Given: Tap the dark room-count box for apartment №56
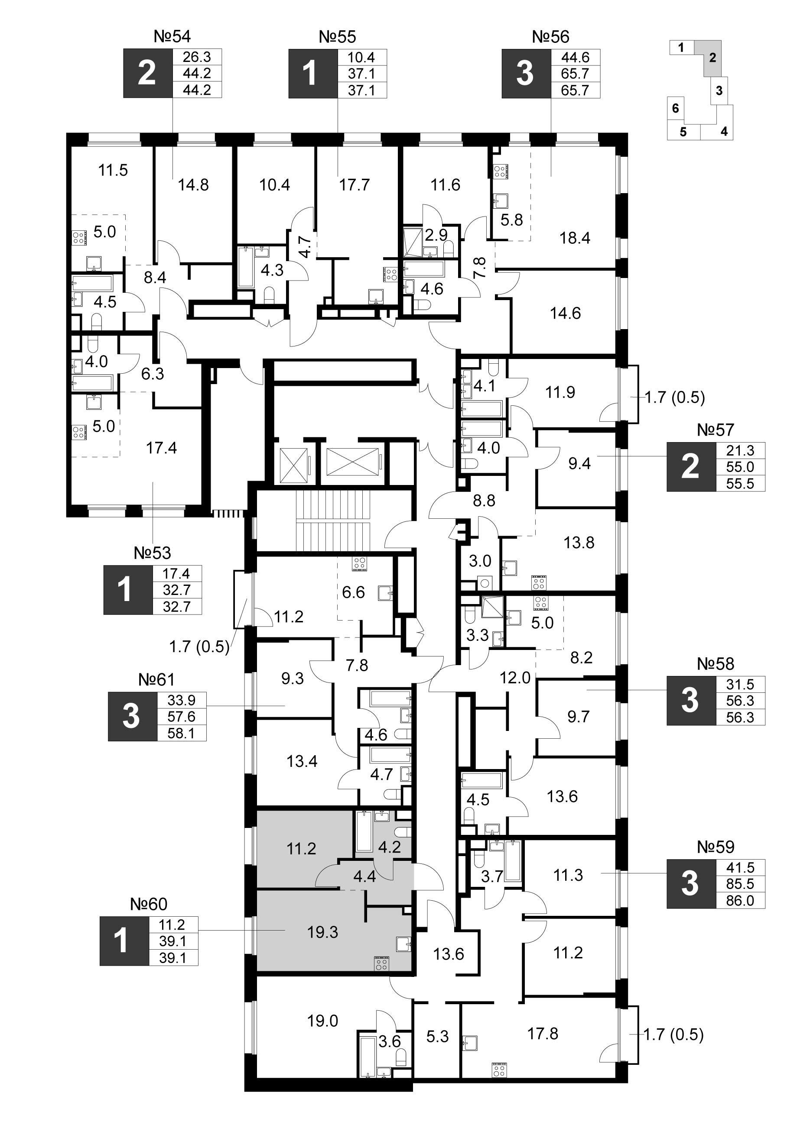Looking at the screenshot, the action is (526, 74).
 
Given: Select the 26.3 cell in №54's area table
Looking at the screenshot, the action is (197, 57).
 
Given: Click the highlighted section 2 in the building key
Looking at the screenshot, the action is (712, 58).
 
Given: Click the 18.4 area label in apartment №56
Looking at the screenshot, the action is (575, 238).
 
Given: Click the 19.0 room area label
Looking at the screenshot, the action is (322, 1020).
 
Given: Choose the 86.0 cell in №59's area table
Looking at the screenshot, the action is (740, 900).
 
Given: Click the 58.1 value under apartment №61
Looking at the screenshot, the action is (181, 733).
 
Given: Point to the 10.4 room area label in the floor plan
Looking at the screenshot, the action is (274, 184).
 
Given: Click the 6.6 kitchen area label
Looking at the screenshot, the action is (353, 592).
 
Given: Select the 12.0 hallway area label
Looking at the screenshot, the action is (515, 677).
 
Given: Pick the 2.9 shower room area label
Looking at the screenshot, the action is (436, 235).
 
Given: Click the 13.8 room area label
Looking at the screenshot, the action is (579, 542).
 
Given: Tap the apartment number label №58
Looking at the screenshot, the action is (715, 663).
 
